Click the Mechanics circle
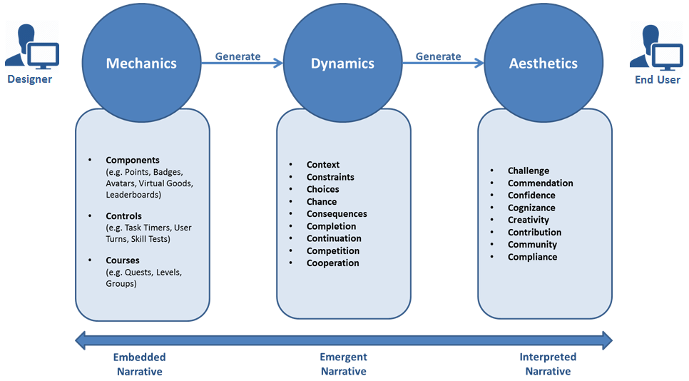click(x=141, y=63)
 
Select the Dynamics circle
click(x=342, y=63)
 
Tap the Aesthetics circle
click(x=543, y=63)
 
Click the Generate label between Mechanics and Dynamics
click(x=238, y=56)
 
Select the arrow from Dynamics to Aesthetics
click(x=443, y=63)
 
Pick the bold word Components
click(x=133, y=161)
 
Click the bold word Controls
click(x=123, y=216)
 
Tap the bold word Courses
click(x=123, y=260)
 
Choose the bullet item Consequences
click(x=337, y=214)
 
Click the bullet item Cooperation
click(x=333, y=263)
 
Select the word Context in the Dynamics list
click(x=323, y=165)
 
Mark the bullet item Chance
click(x=322, y=202)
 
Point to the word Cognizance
click(x=531, y=208)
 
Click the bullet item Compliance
click(x=532, y=257)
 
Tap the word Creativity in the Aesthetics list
click(x=529, y=220)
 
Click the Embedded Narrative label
click(x=139, y=364)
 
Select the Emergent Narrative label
click(x=343, y=364)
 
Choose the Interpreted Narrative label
click(x=548, y=364)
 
